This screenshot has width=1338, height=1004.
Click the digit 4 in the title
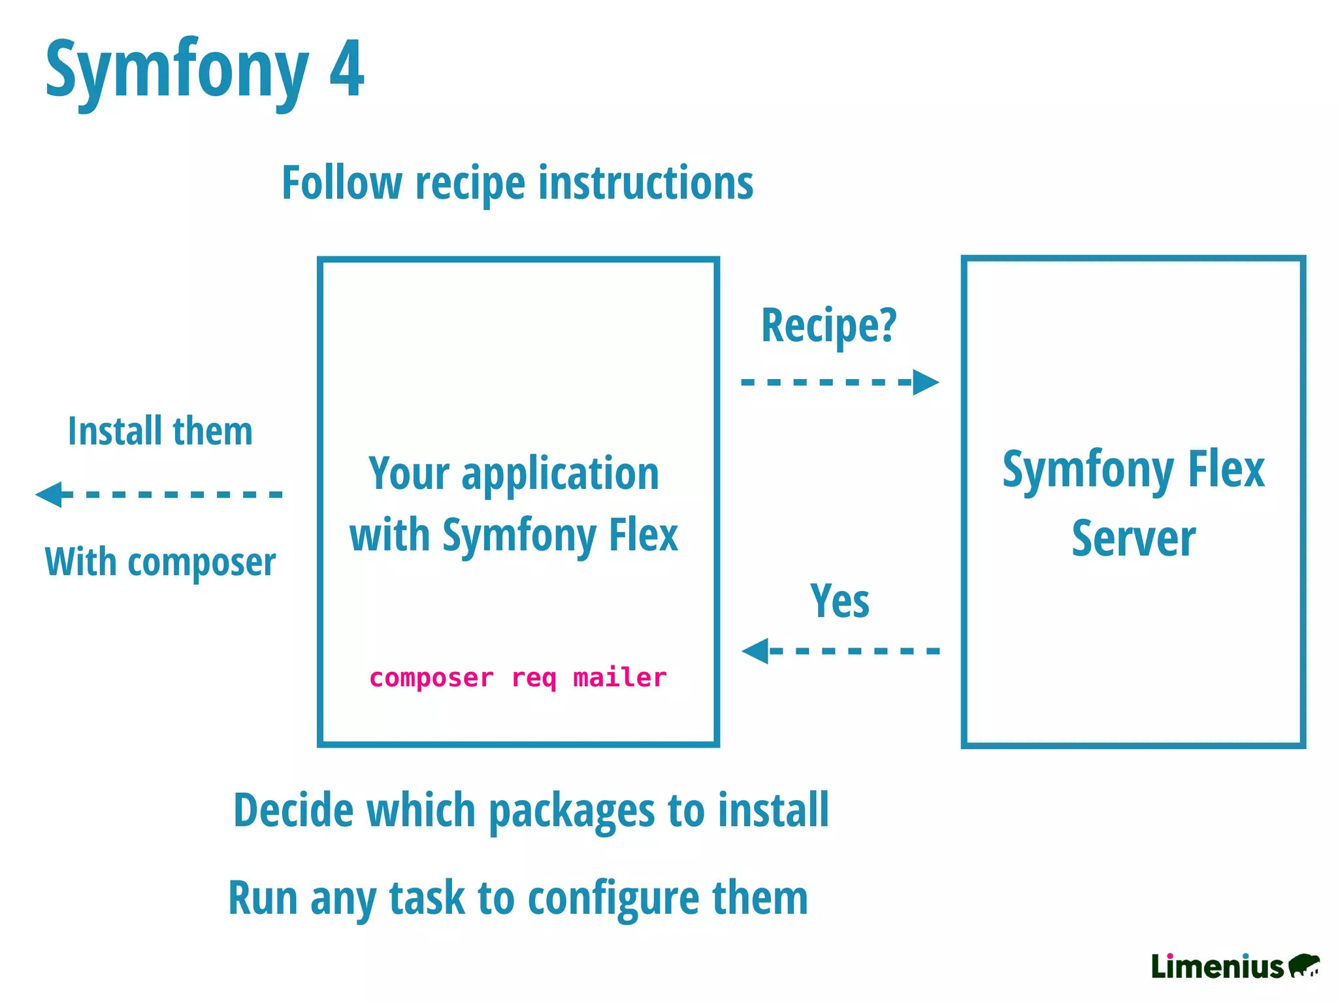click(346, 69)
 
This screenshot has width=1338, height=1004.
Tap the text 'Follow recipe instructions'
click(517, 182)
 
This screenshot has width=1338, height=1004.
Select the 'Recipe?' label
click(829, 325)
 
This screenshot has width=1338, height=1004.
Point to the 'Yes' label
click(840, 601)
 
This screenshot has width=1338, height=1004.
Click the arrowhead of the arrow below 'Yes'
click(756, 651)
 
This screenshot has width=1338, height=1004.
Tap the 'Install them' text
click(160, 431)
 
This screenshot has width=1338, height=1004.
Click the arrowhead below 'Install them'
click(50, 494)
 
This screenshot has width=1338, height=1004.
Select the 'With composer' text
click(160, 562)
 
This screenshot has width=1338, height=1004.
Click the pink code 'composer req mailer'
click(517, 678)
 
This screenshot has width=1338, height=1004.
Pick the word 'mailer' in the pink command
click(619, 678)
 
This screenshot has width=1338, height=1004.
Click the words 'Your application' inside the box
click(514, 473)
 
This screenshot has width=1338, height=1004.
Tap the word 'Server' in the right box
click(1134, 539)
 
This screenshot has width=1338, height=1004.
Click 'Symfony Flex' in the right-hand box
click(1134, 469)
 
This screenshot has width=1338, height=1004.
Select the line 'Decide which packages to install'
click(530, 811)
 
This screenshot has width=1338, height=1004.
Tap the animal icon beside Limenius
click(1304, 965)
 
